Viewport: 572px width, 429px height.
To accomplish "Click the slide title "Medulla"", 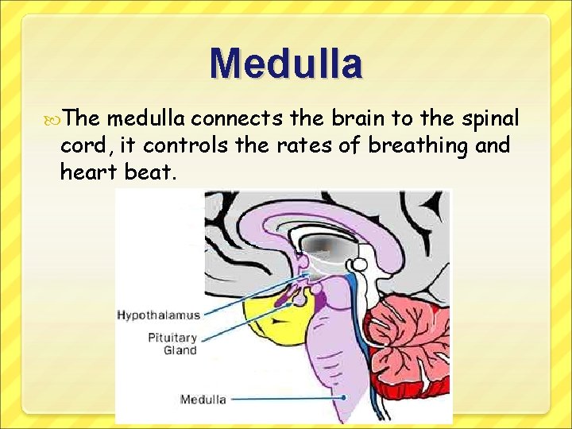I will tap(286, 64).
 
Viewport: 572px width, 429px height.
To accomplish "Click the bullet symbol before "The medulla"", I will tap(54, 119).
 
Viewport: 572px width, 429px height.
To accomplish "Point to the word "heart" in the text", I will tap(87, 172).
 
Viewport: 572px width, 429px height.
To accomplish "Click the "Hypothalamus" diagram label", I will tap(158, 315).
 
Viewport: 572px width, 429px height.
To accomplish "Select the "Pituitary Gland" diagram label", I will tap(172, 343).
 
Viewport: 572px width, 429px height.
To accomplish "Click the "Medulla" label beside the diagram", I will tap(203, 399).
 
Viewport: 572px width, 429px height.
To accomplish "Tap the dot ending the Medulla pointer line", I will tap(344, 396).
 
